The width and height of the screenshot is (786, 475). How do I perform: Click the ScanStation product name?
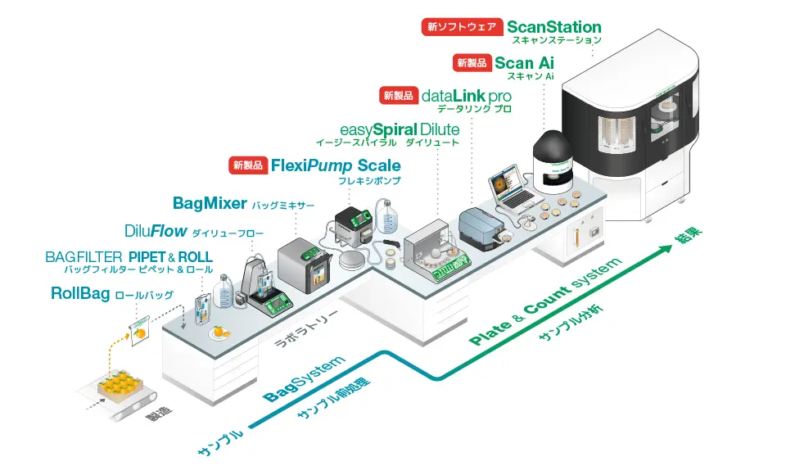pyautogui.click(x=553, y=27)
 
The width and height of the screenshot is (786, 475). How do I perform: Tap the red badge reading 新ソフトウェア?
pyautogui.click(x=461, y=27)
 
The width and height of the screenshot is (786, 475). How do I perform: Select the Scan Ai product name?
pyautogui.click(x=525, y=63)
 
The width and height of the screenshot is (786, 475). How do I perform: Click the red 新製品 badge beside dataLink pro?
pyautogui.click(x=399, y=95)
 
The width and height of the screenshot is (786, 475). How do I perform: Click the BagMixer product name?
pyautogui.click(x=210, y=202)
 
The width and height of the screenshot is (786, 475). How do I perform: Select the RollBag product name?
pyautogui.click(x=80, y=292)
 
